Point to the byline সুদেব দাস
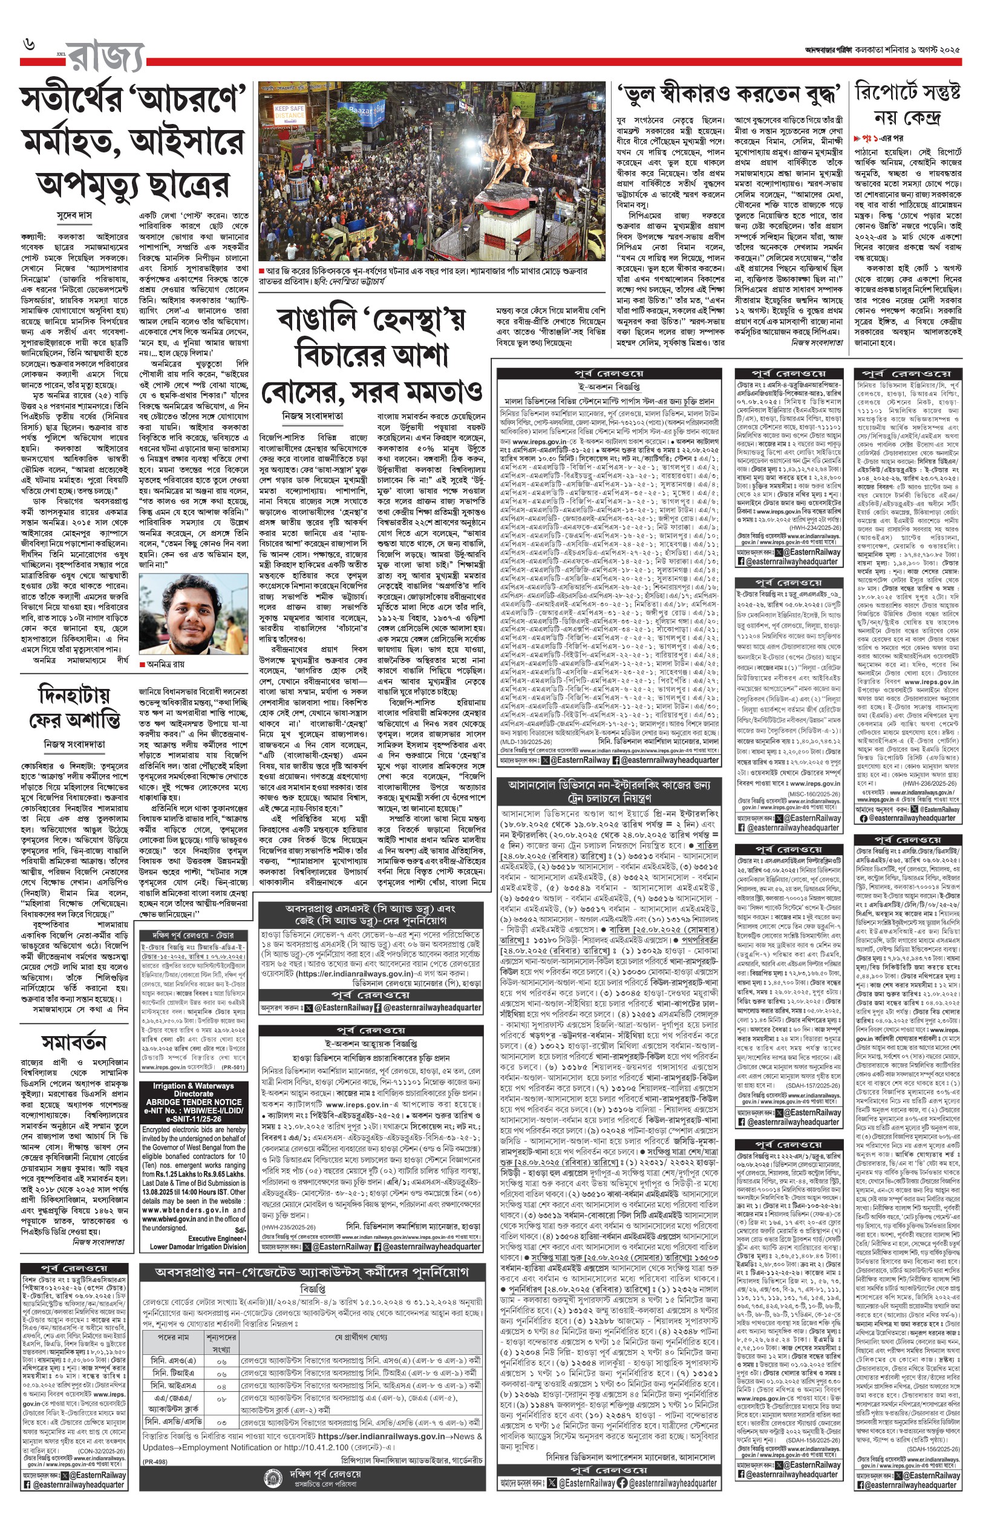pyautogui.click(x=74, y=217)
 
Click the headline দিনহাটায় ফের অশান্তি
pyautogui.click(x=74, y=707)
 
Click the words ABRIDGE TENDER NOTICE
pyautogui.click(x=194, y=1102)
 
